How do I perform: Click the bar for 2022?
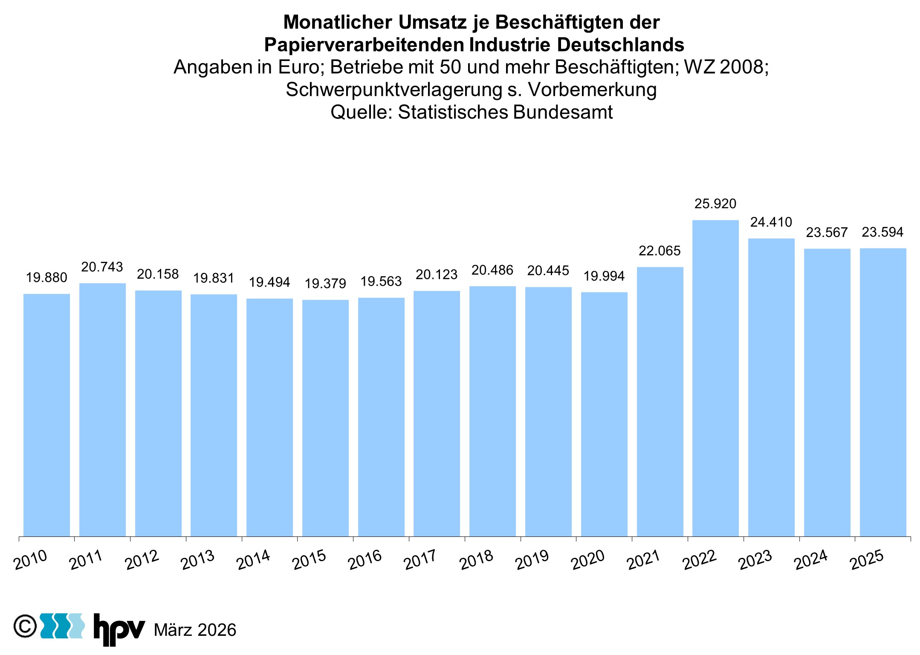715,378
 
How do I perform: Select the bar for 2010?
46,414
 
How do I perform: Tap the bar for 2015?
325,418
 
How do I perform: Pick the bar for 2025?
883,392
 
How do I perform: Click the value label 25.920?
715,204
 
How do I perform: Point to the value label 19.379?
325,284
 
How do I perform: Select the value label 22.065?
660,251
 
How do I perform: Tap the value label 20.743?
102,267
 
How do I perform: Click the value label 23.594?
882,232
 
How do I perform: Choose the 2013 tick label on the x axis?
197,560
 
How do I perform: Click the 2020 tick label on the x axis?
588,560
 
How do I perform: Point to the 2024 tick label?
811,560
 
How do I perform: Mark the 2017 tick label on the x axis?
420,560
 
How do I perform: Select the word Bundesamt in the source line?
563,112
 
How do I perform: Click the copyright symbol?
25,626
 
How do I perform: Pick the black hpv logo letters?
119,629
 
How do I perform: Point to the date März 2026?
195,630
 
